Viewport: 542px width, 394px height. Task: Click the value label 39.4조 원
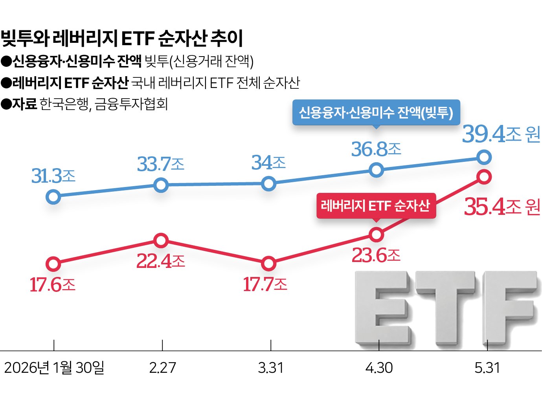coord(501,134)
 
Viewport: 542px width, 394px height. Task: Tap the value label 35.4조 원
coord(502,207)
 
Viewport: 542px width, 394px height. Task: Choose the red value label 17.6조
coord(53,285)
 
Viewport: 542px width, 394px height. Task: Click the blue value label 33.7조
coord(161,164)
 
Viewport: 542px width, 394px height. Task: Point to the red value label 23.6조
coord(376,255)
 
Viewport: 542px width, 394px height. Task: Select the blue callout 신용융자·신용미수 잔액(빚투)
coord(376,112)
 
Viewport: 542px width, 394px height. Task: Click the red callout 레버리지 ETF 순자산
coord(376,206)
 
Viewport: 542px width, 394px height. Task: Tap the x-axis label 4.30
coord(379,368)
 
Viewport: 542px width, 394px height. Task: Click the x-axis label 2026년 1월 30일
coord(54,368)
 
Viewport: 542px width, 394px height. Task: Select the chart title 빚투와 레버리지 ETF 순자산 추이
coord(122,38)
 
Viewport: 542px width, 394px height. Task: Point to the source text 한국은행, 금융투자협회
coord(103,104)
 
